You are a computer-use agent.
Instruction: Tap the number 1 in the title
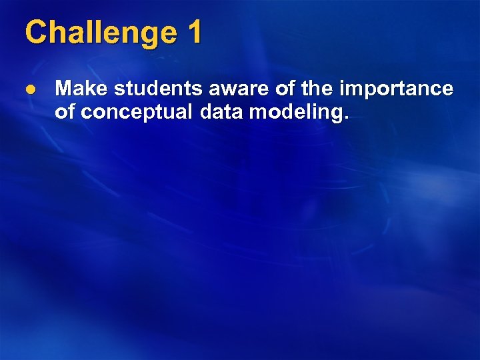pyautogui.click(x=194, y=33)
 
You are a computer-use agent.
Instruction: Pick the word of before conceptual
pyautogui.click(x=64, y=112)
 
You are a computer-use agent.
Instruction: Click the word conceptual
pyautogui.click(x=134, y=113)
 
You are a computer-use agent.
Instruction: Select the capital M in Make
pyautogui.click(x=64, y=89)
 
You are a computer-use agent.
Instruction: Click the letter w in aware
pyautogui.click(x=227, y=90)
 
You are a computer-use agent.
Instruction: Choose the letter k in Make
pyautogui.click(x=87, y=89)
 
